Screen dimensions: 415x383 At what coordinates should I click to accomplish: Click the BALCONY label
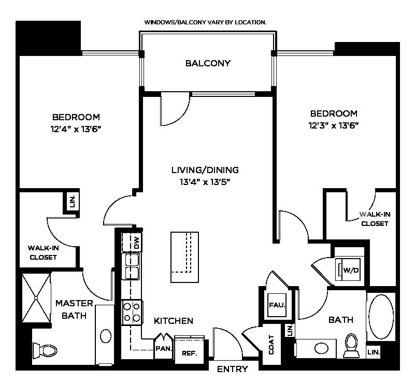pyautogui.click(x=208, y=63)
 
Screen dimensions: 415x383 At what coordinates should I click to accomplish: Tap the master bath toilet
pyautogui.click(x=45, y=350)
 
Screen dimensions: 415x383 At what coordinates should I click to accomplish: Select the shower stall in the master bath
pyautogui.click(x=36, y=298)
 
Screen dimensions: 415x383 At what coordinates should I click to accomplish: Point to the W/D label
pyautogui.click(x=351, y=270)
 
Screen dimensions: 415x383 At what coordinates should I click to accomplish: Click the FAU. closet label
pyautogui.click(x=277, y=305)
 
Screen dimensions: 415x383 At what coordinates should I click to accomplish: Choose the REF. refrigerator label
pyautogui.click(x=190, y=353)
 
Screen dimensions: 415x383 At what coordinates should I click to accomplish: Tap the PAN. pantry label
pyautogui.click(x=164, y=348)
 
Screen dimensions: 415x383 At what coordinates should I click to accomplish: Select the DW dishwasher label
pyautogui.click(x=137, y=243)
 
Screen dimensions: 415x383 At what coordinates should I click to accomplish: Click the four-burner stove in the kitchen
pyautogui.click(x=132, y=313)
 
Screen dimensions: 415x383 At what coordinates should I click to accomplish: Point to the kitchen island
pyautogui.click(x=185, y=257)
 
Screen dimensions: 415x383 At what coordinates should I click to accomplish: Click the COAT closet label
pyautogui.click(x=271, y=345)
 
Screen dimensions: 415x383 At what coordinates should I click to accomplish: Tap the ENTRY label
pyautogui.click(x=233, y=368)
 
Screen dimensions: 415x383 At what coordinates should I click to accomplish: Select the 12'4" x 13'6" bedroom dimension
pyautogui.click(x=76, y=129)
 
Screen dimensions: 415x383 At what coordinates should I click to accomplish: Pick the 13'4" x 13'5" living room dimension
pyautogui.click(x=205, y=182)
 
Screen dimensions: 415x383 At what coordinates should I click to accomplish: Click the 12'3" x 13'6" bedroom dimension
pyautogui.click(x=334, y=125)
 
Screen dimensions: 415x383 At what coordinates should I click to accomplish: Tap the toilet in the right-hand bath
pyautogui.click(x=351, y=345)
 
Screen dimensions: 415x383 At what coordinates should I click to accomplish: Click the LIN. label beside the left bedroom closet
pyautogui.click(x=73, y=202)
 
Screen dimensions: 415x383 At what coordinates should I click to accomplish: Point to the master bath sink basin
pyautogui.click(x=106, y=336)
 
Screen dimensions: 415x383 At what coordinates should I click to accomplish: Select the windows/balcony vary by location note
pyautogui.click(x=205, y=22)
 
